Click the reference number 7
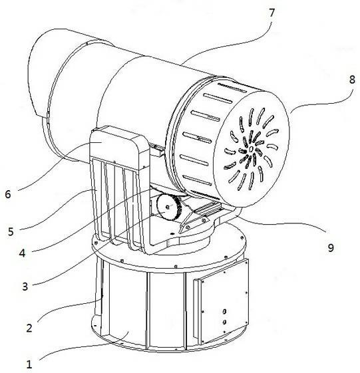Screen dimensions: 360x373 click(271, 13)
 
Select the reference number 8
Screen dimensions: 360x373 click(352, 79)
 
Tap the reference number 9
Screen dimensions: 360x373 click(331, 247)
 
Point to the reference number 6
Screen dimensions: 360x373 click(8, 194)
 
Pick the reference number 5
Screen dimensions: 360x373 click(11, 231)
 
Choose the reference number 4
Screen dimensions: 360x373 click(22, 253)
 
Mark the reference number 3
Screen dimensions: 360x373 click(25, 287)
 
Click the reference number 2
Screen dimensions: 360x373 click(29, 328)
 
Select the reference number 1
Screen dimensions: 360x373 click(29, 364)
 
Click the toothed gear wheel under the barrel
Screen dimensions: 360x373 click(169, 207)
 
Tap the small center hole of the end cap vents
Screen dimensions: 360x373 click(251, 149)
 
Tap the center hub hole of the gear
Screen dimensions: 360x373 click(168, 207)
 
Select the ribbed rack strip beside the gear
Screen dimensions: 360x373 click(206, 209)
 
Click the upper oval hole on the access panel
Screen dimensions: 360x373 click(224, 311)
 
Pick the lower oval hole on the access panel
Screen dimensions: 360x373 click(224, 322)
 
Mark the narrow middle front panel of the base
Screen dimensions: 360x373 click(166, 309)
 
